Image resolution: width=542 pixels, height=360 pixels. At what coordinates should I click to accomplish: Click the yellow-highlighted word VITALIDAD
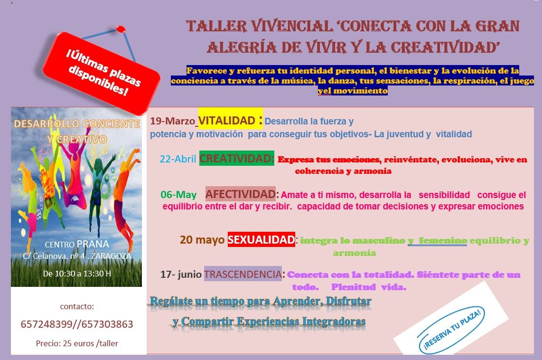[227, 121]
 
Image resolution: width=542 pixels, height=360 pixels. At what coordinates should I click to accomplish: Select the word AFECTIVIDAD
[241, 194]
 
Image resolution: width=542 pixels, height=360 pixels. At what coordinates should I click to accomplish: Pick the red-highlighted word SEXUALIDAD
[262, 240]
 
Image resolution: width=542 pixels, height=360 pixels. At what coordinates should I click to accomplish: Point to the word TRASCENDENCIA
[243, 274]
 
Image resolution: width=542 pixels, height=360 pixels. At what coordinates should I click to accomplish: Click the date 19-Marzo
[172, 121]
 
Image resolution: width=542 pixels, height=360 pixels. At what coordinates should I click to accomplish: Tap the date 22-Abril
[178, 159]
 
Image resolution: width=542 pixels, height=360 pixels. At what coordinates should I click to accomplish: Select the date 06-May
[179, 195]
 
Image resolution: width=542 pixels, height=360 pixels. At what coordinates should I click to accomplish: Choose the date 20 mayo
[202, 240]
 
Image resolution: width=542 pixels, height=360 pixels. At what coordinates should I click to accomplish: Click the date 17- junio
[181, 275]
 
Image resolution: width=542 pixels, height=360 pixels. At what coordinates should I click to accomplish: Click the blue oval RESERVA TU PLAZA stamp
[451, 330]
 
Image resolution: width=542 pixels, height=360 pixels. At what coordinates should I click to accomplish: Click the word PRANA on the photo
[93, 244]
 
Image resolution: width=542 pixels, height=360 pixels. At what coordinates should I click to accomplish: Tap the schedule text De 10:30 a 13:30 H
[77, 274]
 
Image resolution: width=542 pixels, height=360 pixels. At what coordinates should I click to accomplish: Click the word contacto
[77, 306]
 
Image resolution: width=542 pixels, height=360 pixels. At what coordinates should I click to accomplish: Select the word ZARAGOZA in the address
[112, 256]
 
